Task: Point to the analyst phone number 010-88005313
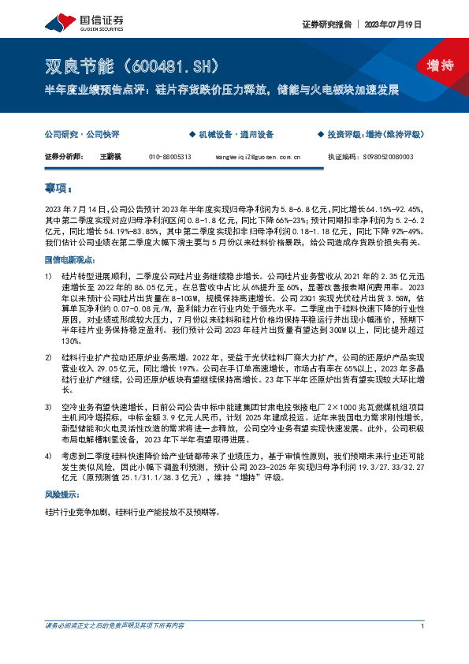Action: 169,157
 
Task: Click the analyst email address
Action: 258,157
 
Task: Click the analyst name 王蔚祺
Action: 109,157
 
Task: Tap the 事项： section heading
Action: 59,189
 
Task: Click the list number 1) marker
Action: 49,278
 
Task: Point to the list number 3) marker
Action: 49,406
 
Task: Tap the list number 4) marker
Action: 49,456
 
